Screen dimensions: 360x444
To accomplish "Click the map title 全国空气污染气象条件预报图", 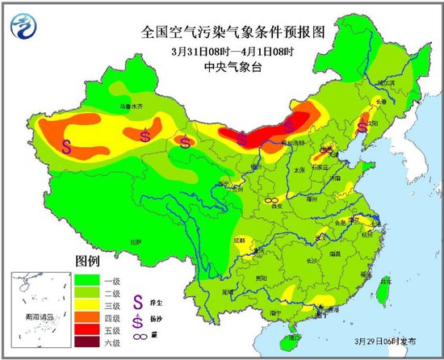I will pos(221,33).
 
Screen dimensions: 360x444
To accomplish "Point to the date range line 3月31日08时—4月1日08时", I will pos(221,52).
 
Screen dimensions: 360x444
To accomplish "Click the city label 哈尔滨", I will pos(390,82).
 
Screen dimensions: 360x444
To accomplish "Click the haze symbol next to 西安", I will pos(272,199).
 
